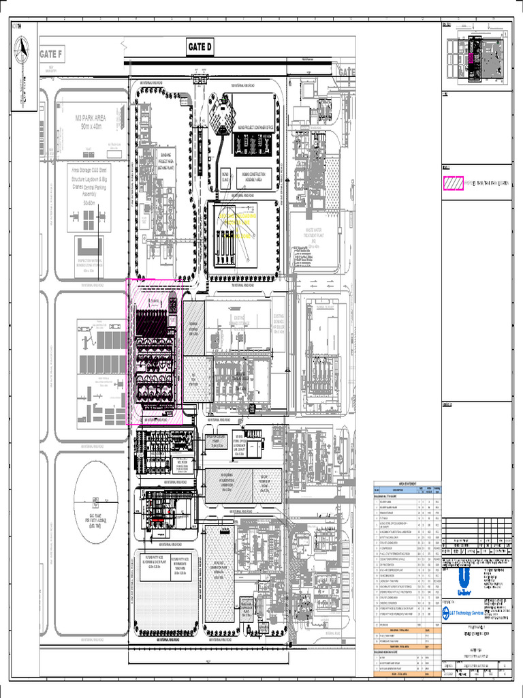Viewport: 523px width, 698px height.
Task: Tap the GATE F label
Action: [x=50, y=55]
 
